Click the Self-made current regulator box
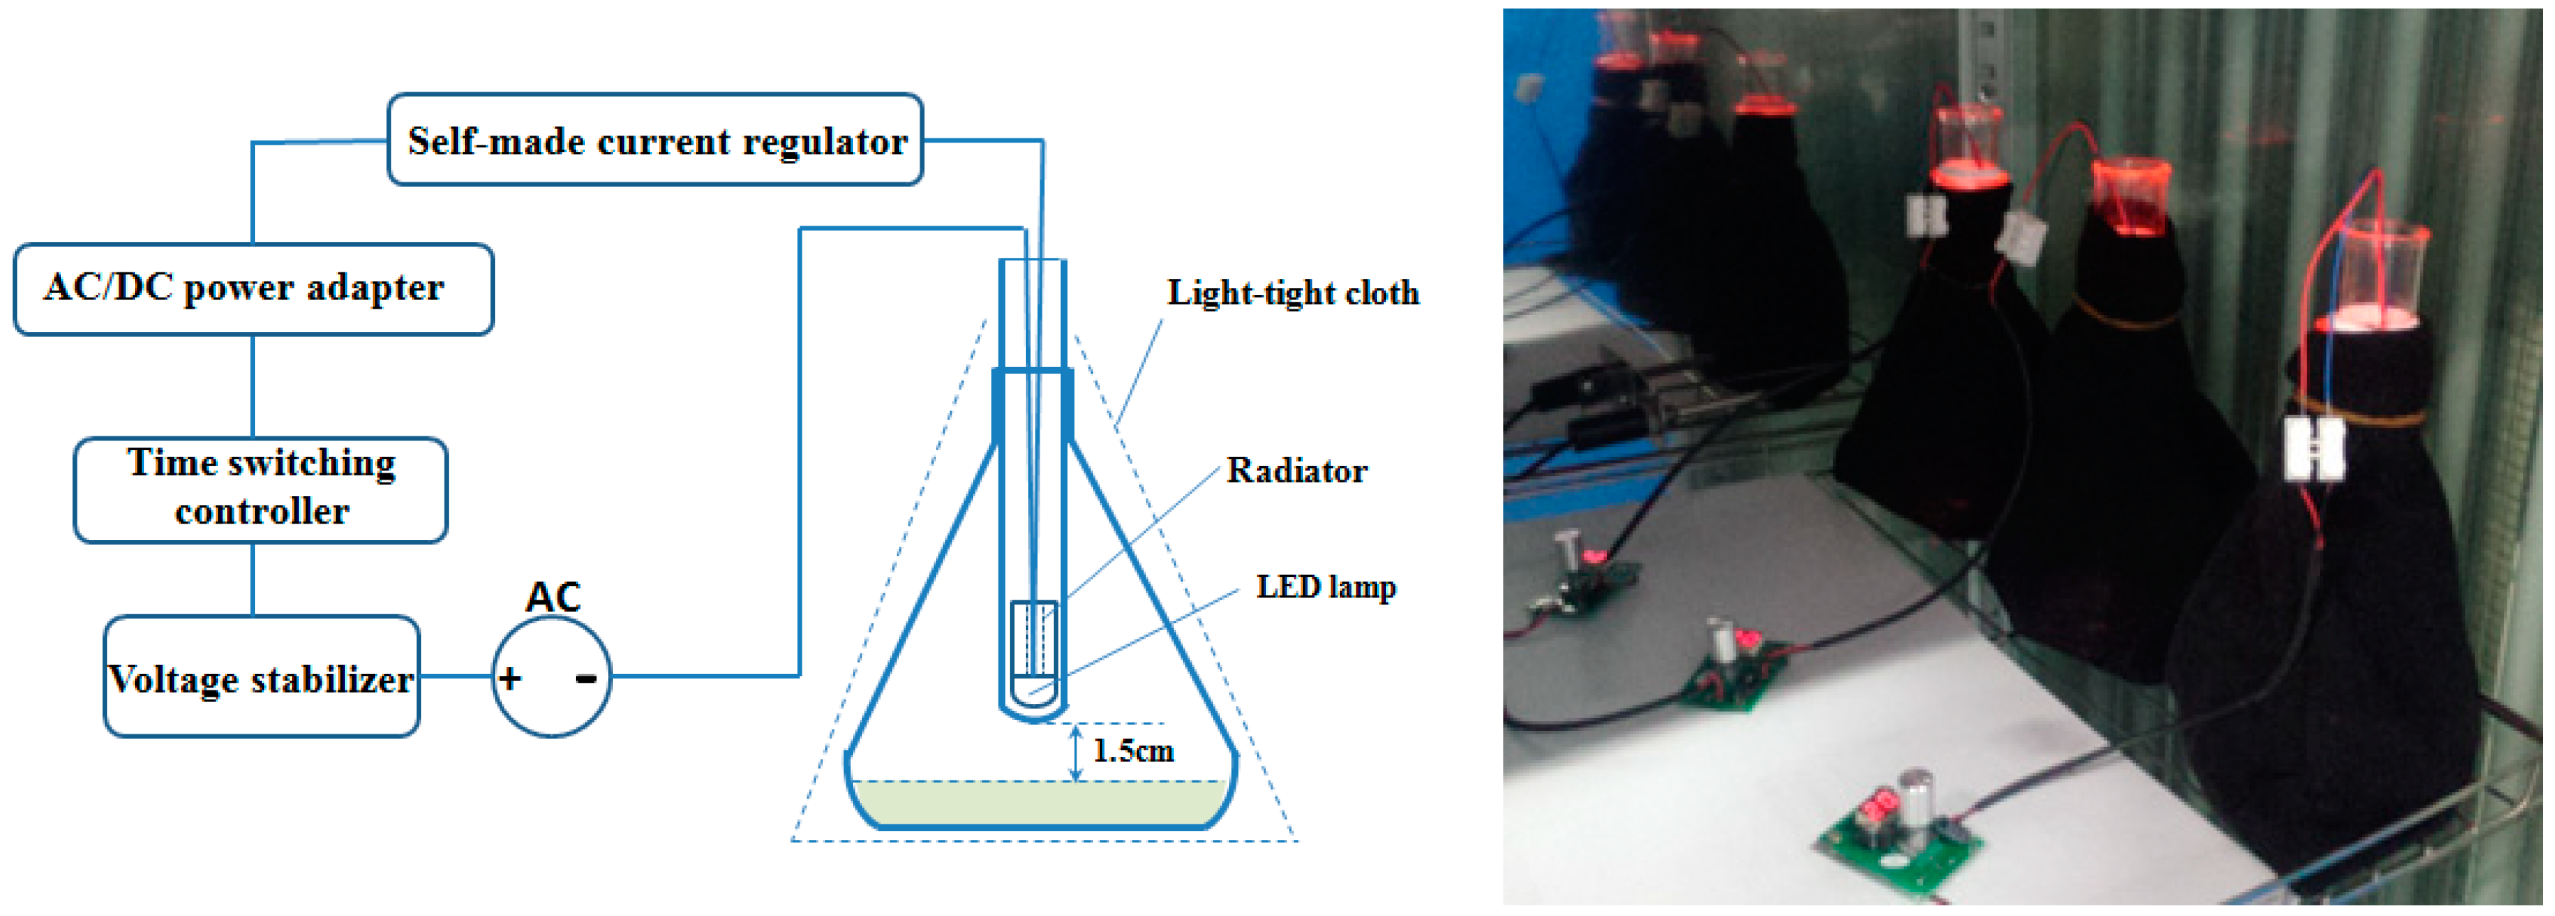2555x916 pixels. click(655, 140)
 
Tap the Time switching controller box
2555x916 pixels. click(261, 490)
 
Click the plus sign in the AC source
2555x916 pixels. click(510, 679)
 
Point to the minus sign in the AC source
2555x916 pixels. click(586, 679)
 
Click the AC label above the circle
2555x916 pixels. click(552, 597)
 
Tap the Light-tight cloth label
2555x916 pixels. click(1292, 294)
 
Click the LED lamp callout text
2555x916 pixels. click(1326, 587)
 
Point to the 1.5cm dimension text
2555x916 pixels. click(1133, 751)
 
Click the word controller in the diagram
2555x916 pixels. click(262, 512)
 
